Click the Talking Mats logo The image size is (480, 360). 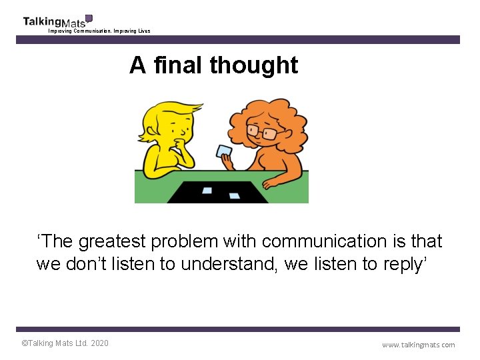(x=57, y=21)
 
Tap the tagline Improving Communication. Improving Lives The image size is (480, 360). (x=99, y=31)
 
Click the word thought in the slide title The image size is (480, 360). (x=253, y=65)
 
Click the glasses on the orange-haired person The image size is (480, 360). (x=262, y=131)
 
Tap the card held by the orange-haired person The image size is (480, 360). (x=223, y=151)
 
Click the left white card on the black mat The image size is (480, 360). (x=207, y=190)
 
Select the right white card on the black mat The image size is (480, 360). (x=235, y=195)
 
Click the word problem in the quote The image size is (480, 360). (x=199, y=241)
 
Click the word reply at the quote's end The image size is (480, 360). (x=407, y=264)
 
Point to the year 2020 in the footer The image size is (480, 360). (x=99, y=343)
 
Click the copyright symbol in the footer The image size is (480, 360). (x=25, y=343)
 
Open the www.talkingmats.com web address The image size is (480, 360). (x=418, y=345)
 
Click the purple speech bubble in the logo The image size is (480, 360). (x=89, y=18)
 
